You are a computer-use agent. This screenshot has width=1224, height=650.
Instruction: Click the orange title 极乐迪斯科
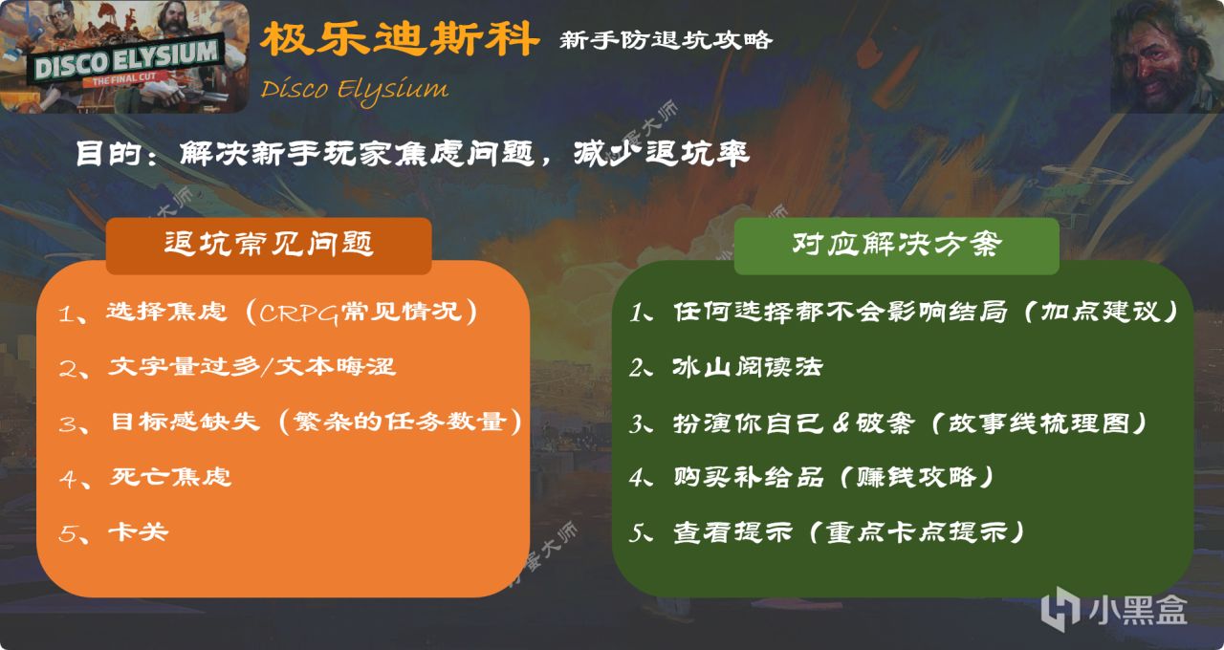(x=400, y=39)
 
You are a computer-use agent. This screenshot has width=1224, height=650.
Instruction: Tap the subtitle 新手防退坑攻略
(x=666, y=40)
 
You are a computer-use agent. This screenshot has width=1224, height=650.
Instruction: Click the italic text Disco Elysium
(x=354, y=90)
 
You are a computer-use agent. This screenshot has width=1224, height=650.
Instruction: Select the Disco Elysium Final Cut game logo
(x=124, y=56)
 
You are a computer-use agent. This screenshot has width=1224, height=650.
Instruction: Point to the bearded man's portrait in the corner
(x=1168, y=56)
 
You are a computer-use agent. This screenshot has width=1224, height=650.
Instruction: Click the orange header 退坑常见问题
(x=269, y=244)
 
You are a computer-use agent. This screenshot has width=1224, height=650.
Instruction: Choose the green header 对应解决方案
(x=897, y=244)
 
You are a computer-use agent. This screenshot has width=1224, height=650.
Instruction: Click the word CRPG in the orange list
(x=299, y=314)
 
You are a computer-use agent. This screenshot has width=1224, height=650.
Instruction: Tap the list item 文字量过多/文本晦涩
(x=251, y=366)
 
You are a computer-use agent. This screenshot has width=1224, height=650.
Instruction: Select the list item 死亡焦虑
(x=170, y=477)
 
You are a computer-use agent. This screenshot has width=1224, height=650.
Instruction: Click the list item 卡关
(x=139, y=532)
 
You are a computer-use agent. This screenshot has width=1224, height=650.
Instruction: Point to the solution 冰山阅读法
(x=748, y=367)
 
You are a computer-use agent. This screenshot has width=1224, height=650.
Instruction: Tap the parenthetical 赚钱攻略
(x=916, y=477)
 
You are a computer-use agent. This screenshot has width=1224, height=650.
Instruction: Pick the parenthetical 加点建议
(x=1100, y=312)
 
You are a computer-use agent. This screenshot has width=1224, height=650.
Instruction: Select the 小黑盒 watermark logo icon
(x=1060, y=609)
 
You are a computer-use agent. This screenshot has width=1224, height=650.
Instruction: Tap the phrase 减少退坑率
(x=661, y=154)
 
